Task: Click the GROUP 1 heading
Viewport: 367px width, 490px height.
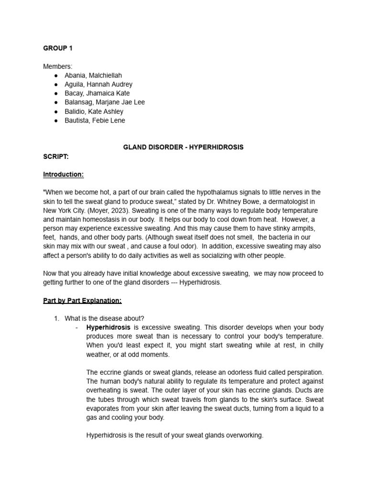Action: (x=58, y=48)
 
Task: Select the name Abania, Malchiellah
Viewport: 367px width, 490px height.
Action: (x=94, y=75)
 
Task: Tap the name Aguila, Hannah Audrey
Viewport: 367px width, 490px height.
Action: (x=98, y=84)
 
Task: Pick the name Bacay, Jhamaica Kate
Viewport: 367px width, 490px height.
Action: (x=97, y=93)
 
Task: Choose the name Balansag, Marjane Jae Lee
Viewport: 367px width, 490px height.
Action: (x=105, y=102)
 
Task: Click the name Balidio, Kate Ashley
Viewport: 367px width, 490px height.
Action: (x=94, y=111)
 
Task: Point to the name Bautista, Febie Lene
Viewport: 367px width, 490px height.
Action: (x=95, y=121)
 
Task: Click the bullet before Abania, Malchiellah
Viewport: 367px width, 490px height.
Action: (x=56, y=75)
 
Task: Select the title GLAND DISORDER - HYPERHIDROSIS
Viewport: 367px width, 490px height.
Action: (x=183, y=147)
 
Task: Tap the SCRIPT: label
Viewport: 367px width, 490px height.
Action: (x=56, y=156)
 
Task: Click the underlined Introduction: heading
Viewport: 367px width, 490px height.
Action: (x=63, y=175)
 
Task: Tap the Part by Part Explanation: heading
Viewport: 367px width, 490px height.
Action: (x=82, y=301)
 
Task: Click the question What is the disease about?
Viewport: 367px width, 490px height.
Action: (x=104, y=319)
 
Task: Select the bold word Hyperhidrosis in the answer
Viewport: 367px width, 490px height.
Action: (x=108, y=328)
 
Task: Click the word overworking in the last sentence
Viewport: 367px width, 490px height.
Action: (x=244, y=435)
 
